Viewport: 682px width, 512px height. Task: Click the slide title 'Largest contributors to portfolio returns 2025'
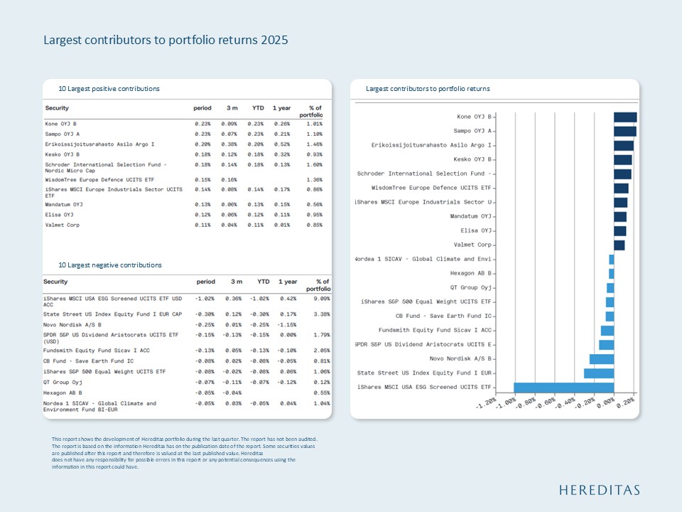(x=166, y=40)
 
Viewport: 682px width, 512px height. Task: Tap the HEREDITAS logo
(x=599, y=490)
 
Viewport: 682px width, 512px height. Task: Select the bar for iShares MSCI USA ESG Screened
(x=563, y=388)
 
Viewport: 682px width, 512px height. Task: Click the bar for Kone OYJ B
(x=625, y=117)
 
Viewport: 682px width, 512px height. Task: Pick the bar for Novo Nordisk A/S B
(x=601, y=359)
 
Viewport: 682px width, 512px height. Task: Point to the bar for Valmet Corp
(x=619, y=245)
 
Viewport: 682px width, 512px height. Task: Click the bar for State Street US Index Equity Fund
(x=598, y=373)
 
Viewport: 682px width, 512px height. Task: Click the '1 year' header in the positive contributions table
(x=281, y=108)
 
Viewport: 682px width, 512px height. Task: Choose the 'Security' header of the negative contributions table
(x=56, y=282)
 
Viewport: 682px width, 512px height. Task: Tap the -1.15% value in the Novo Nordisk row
(x=288, y=325)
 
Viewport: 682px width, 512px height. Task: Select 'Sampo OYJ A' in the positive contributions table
(x=63, y=134)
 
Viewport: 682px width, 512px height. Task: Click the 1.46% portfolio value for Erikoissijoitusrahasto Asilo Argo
(x=313, y=144)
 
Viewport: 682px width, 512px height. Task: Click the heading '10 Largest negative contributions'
(x=110, y=265)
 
